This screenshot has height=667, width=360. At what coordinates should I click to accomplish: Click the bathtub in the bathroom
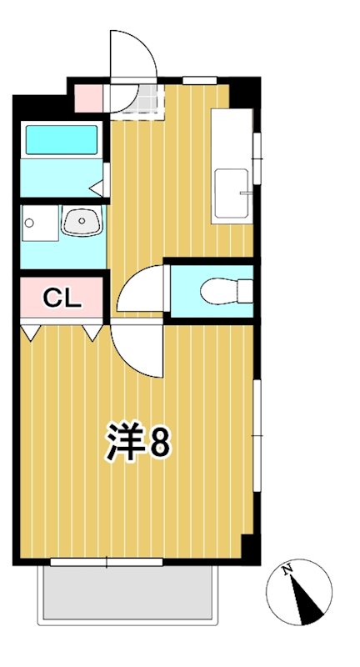[61, 139]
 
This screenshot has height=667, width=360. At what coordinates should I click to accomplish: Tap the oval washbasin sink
[81, 222]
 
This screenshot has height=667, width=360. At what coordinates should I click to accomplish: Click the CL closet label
[62, 298]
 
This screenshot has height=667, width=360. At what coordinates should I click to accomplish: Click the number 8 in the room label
[160, 443]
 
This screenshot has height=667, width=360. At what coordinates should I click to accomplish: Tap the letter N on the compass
[287, 570]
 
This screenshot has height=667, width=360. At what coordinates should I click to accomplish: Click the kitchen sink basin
[231, 194]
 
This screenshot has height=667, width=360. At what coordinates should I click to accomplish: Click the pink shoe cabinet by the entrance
[88, 98]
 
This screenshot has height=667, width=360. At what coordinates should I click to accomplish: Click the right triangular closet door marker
[92, 333]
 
